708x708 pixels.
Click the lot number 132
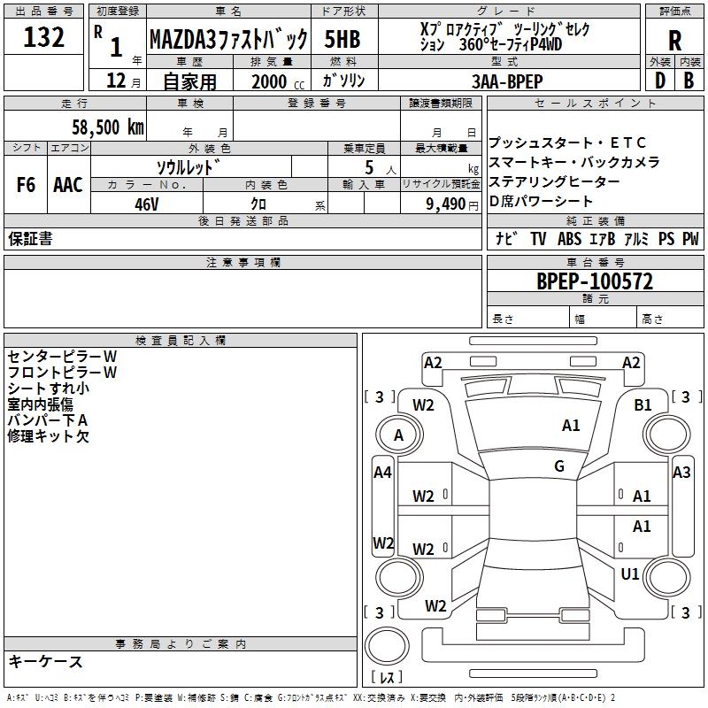43,38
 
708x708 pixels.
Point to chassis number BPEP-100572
595,281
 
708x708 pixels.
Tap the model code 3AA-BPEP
507,81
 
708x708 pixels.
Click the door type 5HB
342,39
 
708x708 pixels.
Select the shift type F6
26,185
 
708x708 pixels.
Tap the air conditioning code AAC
67,185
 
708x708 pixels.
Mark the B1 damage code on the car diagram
643,405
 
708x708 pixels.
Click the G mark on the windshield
558,466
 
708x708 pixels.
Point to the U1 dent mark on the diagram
629,573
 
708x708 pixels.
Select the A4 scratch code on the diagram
382,473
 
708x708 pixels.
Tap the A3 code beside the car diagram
681,473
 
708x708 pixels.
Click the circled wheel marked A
398,435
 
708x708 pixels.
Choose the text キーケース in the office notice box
45,662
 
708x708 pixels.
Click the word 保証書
30,239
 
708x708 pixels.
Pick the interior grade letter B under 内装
688,80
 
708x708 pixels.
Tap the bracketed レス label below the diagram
387,677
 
